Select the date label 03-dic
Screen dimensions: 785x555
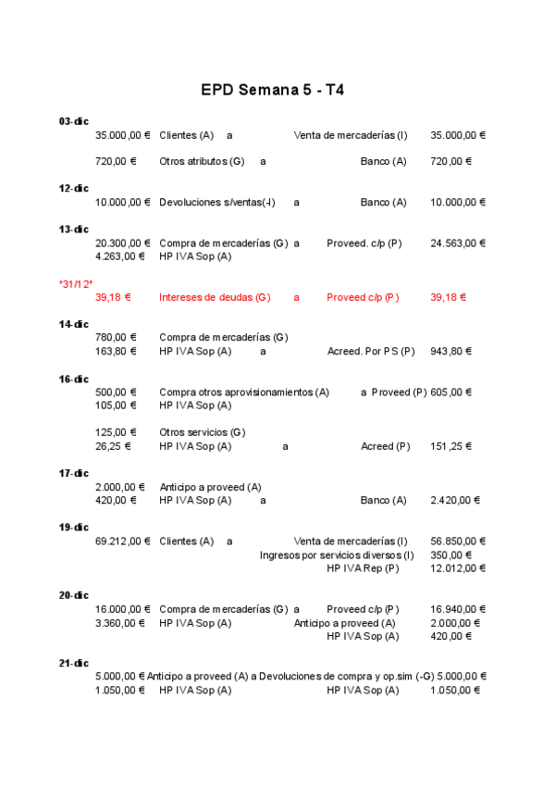click(x=73, y=121)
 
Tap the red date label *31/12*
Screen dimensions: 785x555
click(x=76, y=284)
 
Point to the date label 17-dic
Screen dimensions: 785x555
click(x=73, y=473)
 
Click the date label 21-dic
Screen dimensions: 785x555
click(x=73, y=663)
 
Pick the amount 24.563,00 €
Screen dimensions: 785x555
click(x=458, y=243)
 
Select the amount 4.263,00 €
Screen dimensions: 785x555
click(x=119, y=256)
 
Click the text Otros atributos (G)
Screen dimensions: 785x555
click(x=202, y=161)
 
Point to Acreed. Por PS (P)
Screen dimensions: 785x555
click(x=371, y=351)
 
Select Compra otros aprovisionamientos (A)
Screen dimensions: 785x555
click(x=244, y=392)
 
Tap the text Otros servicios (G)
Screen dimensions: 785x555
click(x=202, y=432)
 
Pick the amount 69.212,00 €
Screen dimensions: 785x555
click(x=122, y=541)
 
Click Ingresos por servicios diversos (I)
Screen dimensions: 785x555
click(x=337, y=554)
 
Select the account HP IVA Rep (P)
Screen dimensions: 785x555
click(x=363, y=567)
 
